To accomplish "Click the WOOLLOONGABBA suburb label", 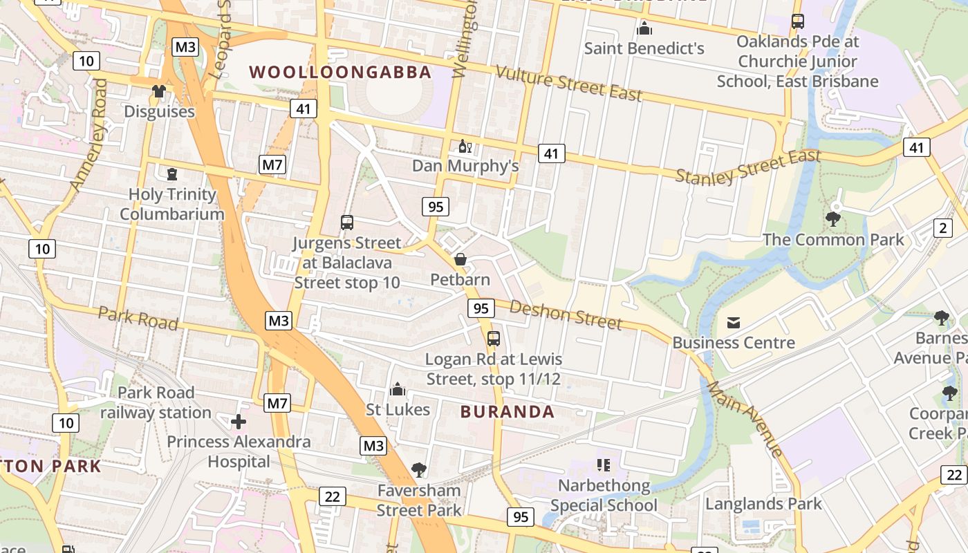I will [x=340, y=72].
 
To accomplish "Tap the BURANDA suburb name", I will [x=508, y=412].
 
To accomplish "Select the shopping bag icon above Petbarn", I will [x=460, y=259].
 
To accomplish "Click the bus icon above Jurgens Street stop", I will [x=347, y=223].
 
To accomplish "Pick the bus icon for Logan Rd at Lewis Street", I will [x=494, y=339].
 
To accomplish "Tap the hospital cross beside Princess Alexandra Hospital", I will [x=239, y=421].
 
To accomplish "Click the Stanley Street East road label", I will [x=747, y=167].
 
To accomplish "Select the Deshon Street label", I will [x=566, y=315].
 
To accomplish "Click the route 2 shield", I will [x=943, y=227].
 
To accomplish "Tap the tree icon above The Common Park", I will [x=833, y=219].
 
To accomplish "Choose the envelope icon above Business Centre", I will [x=733, y=322].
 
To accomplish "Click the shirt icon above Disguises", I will [x=159, y=91].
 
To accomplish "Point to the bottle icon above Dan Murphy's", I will [x=465, y=147].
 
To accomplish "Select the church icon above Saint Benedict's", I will [x=644, y=28].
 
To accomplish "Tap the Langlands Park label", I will [x=763, y=504].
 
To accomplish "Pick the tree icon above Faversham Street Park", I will [x=418, y=470].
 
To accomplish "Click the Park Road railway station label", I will [x=156, y=402].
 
